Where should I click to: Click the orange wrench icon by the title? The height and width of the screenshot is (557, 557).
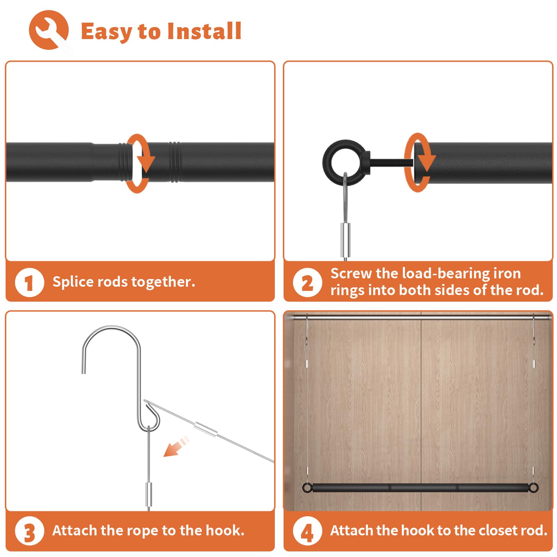[x=48, y=30]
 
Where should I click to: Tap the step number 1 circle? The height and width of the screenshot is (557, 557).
[x=29, y=283]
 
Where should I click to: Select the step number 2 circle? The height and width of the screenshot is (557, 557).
[x=307, y=283]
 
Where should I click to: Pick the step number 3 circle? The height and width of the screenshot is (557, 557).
[x=29, y=531]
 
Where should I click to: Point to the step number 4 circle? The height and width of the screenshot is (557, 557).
[x=307, y=531]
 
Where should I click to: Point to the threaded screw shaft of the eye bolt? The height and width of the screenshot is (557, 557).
[x=391, y=162]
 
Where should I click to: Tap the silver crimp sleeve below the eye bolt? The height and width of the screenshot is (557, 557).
[x=345, y=240]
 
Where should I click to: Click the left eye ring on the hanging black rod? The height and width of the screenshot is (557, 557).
[x=307, y=487]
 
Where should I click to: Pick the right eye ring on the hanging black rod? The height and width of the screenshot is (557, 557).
[x=533, y=487]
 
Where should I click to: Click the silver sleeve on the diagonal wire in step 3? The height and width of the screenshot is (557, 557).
[x=206, y=429]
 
